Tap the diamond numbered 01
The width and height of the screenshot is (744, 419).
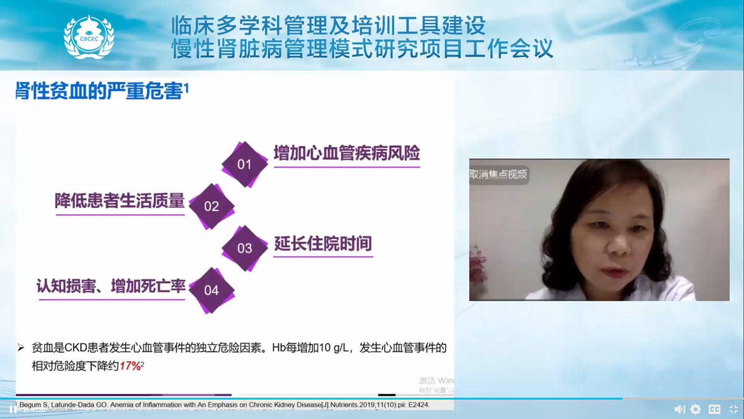(245, 164)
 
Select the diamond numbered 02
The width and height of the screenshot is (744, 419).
(211, 206)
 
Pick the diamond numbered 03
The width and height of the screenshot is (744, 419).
(245, 248)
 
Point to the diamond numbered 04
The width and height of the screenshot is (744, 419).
(211, 290)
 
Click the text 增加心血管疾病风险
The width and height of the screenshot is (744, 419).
(347, 153)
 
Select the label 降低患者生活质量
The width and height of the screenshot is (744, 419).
(120, 201)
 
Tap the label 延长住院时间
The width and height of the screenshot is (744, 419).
(323, 243)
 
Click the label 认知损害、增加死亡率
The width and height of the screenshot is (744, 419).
(112, 286)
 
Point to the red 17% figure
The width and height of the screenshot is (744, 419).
(130, 366)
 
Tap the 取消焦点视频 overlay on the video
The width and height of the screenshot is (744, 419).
(498, 174)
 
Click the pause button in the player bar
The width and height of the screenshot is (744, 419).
(12, 409)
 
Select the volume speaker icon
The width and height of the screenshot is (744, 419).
(680, 409)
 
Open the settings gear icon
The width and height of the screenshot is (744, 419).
(696, 409)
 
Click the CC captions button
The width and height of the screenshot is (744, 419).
(714, 409)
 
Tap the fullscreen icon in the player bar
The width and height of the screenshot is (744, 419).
(732, 409)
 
